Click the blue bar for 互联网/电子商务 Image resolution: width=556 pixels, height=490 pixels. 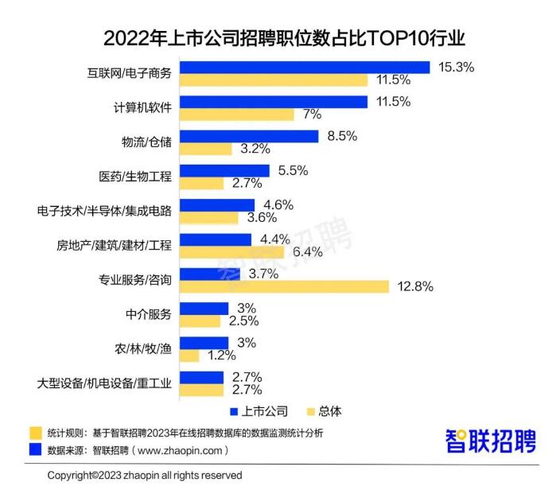pos(305,68)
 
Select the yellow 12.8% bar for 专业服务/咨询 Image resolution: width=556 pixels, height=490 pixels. pos(285,286)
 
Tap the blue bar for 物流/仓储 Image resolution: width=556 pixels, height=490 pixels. pos(249,136)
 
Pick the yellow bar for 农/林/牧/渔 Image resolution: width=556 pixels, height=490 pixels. pos(189,356)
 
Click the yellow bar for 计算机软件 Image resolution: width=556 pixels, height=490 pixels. pos(237,115)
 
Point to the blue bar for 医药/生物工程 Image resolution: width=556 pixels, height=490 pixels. pos(224,170)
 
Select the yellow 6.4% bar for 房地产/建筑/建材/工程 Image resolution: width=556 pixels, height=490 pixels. pos(232,252)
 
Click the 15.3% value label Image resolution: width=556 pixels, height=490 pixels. pos(456,67)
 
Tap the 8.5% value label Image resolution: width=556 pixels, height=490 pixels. pos(342,136)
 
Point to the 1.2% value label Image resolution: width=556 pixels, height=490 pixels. pos(222,355)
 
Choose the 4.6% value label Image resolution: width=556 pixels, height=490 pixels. pos(278,205)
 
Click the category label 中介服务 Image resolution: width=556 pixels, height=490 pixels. pos(149,314)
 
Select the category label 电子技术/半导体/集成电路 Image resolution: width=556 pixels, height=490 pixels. pos(104,211)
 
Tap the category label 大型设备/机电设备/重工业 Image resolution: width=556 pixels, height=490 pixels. pos(104,383)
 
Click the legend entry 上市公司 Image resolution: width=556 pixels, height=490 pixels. pos(259,411)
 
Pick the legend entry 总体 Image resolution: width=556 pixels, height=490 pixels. pos(324,411)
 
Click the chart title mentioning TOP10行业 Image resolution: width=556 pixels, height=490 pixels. pos(284,38)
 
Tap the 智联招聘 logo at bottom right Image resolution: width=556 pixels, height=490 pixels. pos(491,441)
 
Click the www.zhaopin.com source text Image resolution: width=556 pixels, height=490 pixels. pos(180,451)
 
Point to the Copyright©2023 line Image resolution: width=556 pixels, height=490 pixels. pos(145,476)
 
